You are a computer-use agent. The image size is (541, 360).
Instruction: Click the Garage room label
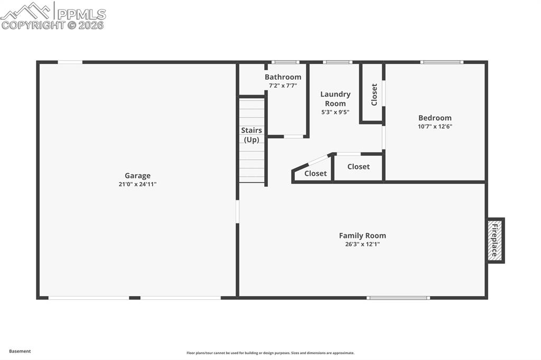[138, 176]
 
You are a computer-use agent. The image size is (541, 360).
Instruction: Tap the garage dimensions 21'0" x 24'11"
[138, 184]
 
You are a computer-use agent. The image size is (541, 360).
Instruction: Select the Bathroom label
[283, 77]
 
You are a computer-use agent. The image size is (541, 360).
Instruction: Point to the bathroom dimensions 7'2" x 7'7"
[283, 86]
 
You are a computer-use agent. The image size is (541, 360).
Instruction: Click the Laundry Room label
[335, 99]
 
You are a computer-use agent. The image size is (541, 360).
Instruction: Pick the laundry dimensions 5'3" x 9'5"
[335, 112]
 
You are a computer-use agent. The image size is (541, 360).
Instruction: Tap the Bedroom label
[435, 118]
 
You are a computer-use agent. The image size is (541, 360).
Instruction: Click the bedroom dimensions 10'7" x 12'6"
[435, 126]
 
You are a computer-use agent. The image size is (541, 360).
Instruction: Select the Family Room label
[362, 235]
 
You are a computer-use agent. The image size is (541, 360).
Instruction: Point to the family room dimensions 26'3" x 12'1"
[362, 244]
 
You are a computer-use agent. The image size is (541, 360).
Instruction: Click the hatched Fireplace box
[496, 241]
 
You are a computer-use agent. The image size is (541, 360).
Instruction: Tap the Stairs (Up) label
[251, 135]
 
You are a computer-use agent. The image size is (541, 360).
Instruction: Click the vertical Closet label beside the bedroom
[374, 94]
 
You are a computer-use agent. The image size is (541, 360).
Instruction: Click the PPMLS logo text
[81, 14]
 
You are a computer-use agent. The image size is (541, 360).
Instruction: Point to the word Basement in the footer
[20, 351]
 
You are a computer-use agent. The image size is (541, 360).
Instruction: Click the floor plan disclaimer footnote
[270, 353]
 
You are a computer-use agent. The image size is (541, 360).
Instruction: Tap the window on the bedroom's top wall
[442, 62]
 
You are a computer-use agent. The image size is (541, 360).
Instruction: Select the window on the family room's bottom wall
[398, 298]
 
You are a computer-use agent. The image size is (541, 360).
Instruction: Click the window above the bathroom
[285, 62]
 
